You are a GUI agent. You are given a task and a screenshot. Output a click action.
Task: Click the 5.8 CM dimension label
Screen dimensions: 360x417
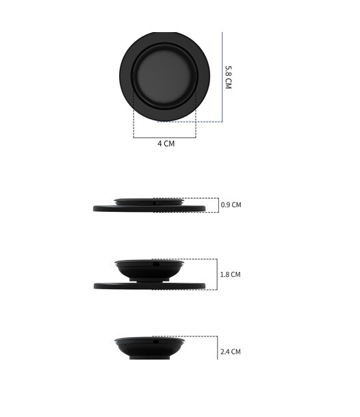coord(228,77)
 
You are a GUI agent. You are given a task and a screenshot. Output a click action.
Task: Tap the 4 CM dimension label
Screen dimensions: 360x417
coord(166,144)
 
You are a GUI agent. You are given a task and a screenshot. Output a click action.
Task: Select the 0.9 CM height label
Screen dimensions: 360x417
coord(231,205)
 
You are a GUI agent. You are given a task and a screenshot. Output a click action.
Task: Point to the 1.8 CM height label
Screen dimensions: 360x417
coord(231,274)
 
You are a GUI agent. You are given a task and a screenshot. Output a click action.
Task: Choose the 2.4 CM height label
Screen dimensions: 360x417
coord(231,351)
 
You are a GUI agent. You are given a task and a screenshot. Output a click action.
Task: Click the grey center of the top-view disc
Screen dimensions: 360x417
coord(164,76)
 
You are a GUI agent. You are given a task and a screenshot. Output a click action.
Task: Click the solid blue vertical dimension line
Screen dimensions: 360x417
coord(222,77)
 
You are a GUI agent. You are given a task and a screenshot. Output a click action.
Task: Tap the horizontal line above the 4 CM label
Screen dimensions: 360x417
coord(164,137)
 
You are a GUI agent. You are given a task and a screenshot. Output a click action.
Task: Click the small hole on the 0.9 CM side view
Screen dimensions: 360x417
coord(155,203)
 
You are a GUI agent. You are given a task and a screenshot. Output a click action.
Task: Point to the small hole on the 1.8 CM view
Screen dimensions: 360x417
coord(156,264)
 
